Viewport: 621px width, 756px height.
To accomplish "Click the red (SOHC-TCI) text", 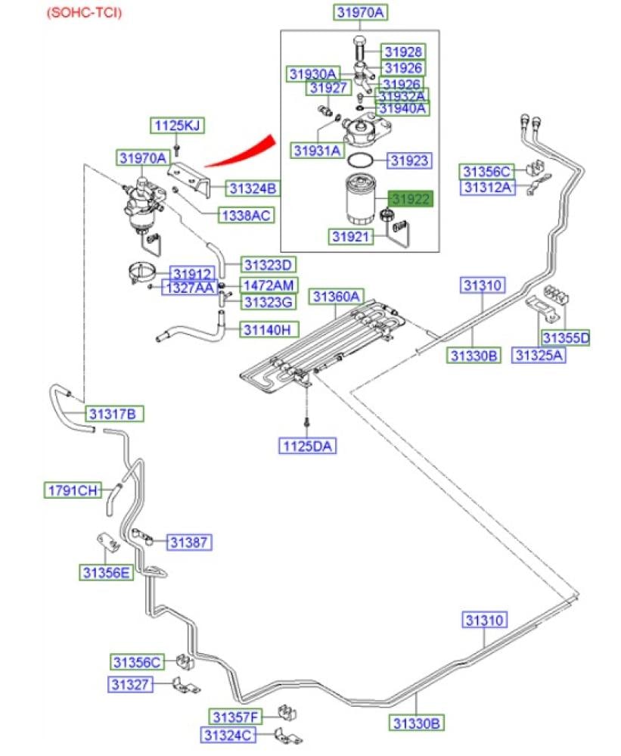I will coord(84,13).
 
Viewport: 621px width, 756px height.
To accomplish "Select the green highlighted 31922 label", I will coord(410,199).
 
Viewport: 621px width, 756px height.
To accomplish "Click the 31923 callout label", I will coord(409,160).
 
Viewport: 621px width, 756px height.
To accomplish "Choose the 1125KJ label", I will coord(176,126).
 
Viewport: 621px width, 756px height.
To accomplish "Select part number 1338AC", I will coord(245,216).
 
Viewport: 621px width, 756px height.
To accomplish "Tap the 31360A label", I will coord(338,296).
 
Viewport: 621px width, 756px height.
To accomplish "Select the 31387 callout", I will coord(188,542).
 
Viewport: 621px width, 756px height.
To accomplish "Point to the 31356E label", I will coord(106,572).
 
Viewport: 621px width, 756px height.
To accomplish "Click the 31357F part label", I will coord(234,717).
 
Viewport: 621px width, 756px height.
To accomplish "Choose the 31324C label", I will coord(228,734).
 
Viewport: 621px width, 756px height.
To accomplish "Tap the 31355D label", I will coord(565,338).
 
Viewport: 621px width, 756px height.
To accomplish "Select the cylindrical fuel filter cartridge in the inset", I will coord(362,199).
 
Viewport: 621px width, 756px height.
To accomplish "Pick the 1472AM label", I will coord(269,285).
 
